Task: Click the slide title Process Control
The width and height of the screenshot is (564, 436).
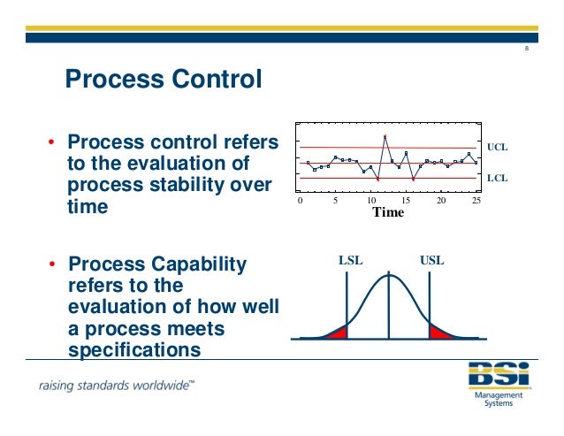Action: coord(164,80)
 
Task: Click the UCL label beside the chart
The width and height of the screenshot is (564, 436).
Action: coord(498,147)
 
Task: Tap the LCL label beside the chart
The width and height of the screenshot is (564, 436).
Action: coord(498,178)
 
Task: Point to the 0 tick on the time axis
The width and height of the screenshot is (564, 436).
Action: coord(300,202)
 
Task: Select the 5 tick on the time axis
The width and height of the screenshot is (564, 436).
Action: coord(335,202)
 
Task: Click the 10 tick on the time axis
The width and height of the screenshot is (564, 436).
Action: coord(371,202)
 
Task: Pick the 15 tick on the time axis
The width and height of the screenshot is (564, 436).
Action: coord(407,202)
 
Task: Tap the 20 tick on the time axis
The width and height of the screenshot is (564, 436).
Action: coord(442,202)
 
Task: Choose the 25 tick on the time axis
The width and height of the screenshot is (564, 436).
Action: coord(477,202)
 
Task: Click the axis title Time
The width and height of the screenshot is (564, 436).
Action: coord(388,213)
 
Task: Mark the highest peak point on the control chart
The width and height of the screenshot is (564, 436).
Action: coord(385,135)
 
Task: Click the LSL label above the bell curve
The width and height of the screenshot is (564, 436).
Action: coord(351,261)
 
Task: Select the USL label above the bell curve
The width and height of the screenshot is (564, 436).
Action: coord(431,261)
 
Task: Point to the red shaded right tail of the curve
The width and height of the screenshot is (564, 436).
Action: coord(438,333)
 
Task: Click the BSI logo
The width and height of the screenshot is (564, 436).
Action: coord(500,376)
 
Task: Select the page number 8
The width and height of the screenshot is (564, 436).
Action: coord(527,48)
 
